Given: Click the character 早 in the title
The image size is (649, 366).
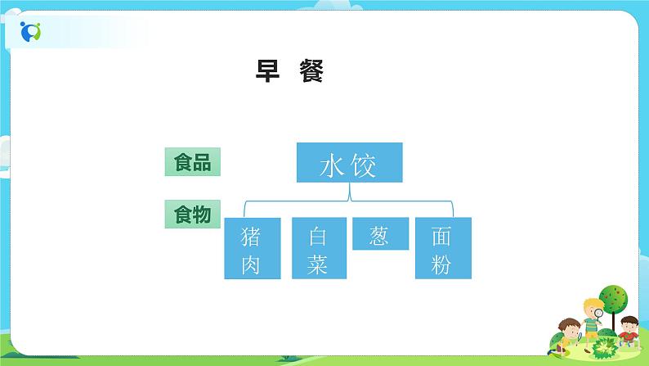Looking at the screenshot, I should pos(269,73).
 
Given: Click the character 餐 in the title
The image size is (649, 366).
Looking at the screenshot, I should pos(311,73).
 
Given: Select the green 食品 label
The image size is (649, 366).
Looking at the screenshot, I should pos(192,162).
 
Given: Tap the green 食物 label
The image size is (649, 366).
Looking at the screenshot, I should pos(192,215).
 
